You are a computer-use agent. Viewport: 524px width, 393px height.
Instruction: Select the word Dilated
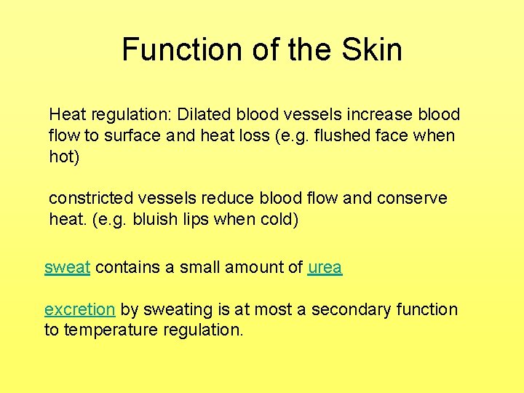[202, 114]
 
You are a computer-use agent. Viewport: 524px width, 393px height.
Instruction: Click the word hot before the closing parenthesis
[61, 156]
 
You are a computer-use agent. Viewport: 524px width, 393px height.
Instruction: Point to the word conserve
[413, 198]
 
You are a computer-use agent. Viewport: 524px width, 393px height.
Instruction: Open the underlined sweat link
[67, 267]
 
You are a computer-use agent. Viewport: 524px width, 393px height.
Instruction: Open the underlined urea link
[325, 267]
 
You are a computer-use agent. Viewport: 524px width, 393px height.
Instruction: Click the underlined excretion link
[79, 309]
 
